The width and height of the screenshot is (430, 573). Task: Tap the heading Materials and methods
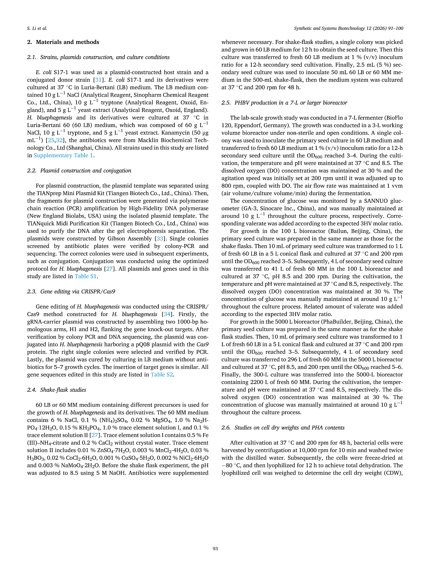click(67, 42)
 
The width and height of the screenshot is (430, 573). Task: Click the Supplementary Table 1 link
click(63, 155)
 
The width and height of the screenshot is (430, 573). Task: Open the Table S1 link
click(86, 276)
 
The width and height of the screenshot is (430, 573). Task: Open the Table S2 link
click(162, 375)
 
